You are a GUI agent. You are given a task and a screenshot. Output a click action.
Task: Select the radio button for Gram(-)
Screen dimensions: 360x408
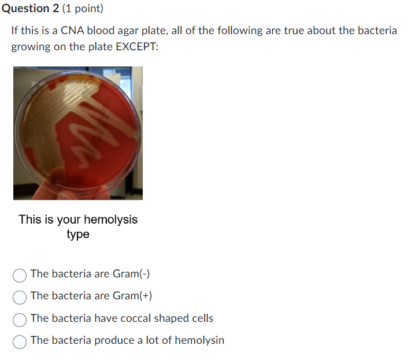coord(20,274)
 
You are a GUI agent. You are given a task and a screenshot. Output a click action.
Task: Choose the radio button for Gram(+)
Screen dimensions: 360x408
coord(20,296)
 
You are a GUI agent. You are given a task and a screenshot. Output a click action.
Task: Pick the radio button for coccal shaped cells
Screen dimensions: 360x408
coord(20,319)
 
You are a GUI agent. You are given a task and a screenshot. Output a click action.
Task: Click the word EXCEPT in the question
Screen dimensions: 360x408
coord(136,46)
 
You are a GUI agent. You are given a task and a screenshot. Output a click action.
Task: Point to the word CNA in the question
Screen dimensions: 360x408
coord(72,31)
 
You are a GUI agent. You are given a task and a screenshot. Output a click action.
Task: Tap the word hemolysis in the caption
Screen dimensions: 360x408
coord(110,220)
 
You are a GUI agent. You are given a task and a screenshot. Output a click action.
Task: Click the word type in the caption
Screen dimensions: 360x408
coord(78,234)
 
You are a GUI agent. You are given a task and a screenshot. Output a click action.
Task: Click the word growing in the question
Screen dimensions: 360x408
coord(29,46)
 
